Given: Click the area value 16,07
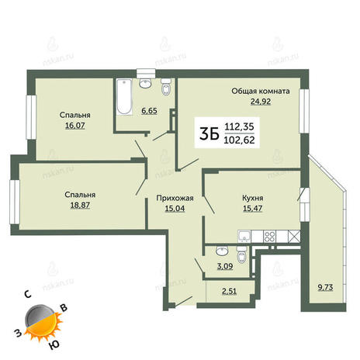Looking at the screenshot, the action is click(x=75, y=126).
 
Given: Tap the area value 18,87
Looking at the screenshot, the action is click(x=80, y=205).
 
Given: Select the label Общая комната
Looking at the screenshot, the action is click(x=261, y=92).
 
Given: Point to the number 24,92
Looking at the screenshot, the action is click(x=261, y=102).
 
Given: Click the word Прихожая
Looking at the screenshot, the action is click(x=175, y=199).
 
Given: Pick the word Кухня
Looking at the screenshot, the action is click(x=253, y=199).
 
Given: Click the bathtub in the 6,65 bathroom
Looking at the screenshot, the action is click(x=124, y=97).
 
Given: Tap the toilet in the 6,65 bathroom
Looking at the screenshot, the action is click(x=166, y=87).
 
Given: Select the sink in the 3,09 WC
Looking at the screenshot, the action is click(x=222, y=251).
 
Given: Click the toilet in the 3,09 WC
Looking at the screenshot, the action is click(x=241, y=255).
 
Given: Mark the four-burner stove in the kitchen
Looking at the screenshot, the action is click(x=269, y=237).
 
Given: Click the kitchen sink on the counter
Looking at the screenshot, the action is click(x=244, y=237).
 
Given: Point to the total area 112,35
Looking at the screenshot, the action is click(x=240, y=126).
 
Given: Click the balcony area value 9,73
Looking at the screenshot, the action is click(x=325, y=287).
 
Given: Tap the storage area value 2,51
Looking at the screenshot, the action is click(x=229, y=292).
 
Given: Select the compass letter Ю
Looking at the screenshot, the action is click(x=54, y=344).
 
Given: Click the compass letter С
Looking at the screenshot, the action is click(x=28, y=294).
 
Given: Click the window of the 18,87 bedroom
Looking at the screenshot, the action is click(x=15, y=202).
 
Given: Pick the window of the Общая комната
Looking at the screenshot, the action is click(x=304, y=111).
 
